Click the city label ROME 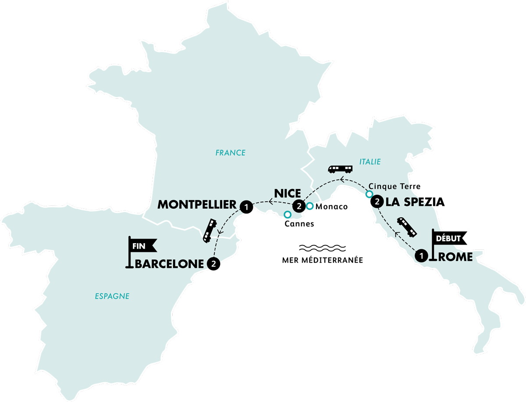455,258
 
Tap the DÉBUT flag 448,239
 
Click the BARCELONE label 170,264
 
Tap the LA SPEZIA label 414,203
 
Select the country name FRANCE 231,153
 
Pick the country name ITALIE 370,162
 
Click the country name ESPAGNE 112,296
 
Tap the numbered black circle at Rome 422,255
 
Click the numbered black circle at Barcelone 213,264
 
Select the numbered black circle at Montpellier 246,205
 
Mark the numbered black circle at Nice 299,205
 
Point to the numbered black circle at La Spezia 376,202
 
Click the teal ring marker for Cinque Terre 370,194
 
